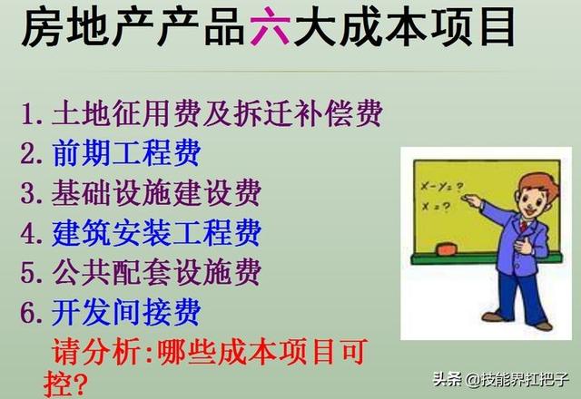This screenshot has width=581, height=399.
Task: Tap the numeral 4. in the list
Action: (34, 234)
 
